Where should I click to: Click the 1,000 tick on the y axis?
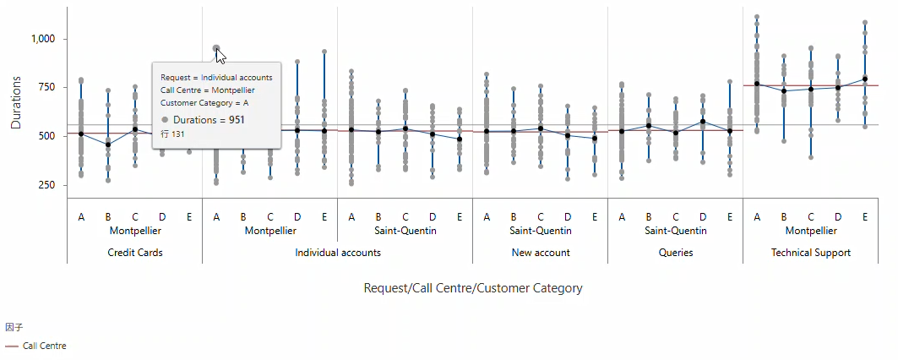tap(42, 39)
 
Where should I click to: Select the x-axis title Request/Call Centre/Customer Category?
tap(472, 288)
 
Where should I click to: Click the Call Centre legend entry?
tap(44, 346)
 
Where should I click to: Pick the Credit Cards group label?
tap(135, 252)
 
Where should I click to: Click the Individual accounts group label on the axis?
tap(338, 252)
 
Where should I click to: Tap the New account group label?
tap(541, 252)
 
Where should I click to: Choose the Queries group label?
tap(676, 252)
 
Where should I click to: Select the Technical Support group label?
tap(811, 252)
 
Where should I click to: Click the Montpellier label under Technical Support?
tap(811, 231)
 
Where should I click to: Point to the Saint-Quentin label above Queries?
tap(676, 231)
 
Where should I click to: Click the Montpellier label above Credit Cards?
tap(135, 231)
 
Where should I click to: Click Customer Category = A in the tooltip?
tap(204, 103)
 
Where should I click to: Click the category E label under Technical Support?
tap(865, 217)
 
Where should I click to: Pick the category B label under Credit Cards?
tap(108, 217)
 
